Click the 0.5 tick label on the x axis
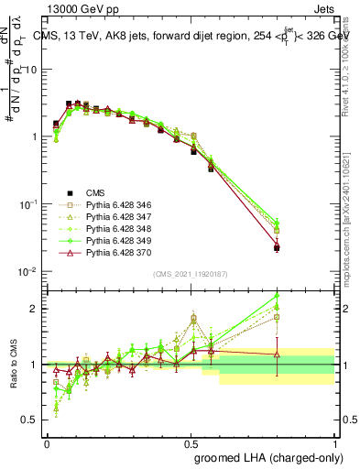click(x=191, y=444)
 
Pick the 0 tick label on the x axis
click(x=47, y=444)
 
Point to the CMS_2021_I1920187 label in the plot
click(x=191, y=275)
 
